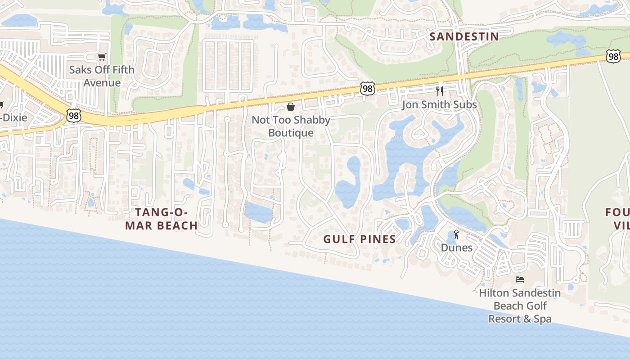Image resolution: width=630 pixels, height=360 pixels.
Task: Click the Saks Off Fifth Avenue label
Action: (102, 76)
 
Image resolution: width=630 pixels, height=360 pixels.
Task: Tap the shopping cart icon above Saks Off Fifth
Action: (102, 57)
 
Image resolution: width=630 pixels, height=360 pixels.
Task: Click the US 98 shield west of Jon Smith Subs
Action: (368, 89)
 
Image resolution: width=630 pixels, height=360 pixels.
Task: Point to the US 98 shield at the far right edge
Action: (612, 56)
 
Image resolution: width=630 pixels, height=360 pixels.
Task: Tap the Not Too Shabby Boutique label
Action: (291, 126)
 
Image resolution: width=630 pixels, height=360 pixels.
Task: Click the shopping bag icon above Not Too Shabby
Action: (291, 107)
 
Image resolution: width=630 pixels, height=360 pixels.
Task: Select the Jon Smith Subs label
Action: (439, 105)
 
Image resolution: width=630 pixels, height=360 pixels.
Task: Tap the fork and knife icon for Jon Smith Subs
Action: (440, 91)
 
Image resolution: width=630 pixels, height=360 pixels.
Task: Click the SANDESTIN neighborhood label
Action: (464, 36)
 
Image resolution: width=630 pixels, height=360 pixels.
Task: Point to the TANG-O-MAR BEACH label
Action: (162, 219)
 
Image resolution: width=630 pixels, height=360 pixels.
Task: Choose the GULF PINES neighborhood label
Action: (360, 239)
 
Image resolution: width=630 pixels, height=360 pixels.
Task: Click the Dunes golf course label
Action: (456, 247)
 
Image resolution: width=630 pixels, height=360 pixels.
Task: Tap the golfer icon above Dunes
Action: (457, 234)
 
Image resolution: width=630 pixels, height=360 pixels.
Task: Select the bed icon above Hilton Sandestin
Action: (520, 279)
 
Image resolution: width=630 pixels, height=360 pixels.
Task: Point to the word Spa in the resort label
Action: (542, 319)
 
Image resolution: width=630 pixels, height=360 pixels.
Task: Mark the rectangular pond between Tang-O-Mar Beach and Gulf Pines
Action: (259, 212)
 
